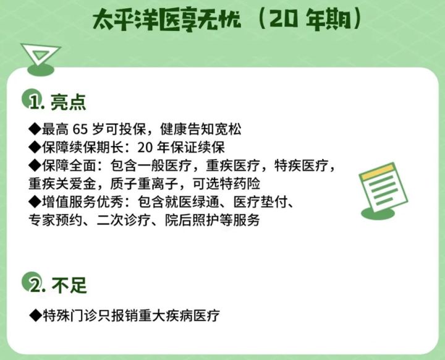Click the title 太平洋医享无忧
click(x=167, y=20)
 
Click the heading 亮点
click(x=68, y=101)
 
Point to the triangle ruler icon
click(x=41, y=59)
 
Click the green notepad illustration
click(x=383, y=191)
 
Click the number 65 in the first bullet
click(x=80, y=129)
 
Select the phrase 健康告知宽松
click(x=201, y=129)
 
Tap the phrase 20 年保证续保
click(x=181, y=147)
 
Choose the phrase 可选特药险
click(x=226, y=184)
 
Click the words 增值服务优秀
click(x=83, y=202)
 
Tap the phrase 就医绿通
click(x=179, y=202)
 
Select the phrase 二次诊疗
click(x=124, y=220)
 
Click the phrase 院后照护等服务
click(x=212, y=220)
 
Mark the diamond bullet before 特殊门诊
click(x=35, y=315)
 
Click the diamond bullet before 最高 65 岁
click(x=35, y=129)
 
